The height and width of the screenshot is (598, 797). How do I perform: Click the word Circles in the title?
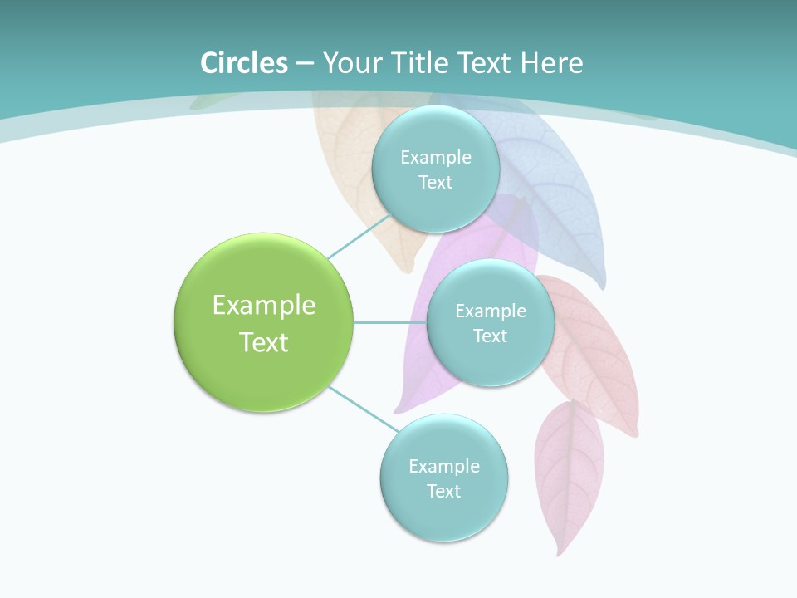tap(244, 63)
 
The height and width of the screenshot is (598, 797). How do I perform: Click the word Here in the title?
tap(551, 63)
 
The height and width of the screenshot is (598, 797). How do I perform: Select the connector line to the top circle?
tap(359, 238)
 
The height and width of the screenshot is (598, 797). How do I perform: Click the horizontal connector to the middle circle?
tap(389, 322)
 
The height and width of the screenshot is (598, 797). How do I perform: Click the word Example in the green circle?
tap(264, 306)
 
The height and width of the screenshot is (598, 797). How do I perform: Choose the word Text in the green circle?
tap(264, 342)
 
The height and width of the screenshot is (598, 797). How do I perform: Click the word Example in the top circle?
tap(436, 157)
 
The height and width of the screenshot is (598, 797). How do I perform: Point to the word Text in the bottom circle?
tap(443, 491)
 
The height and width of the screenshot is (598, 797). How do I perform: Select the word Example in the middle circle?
tap(491, 311)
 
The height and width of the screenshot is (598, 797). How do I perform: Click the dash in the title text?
tap(305, 63)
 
